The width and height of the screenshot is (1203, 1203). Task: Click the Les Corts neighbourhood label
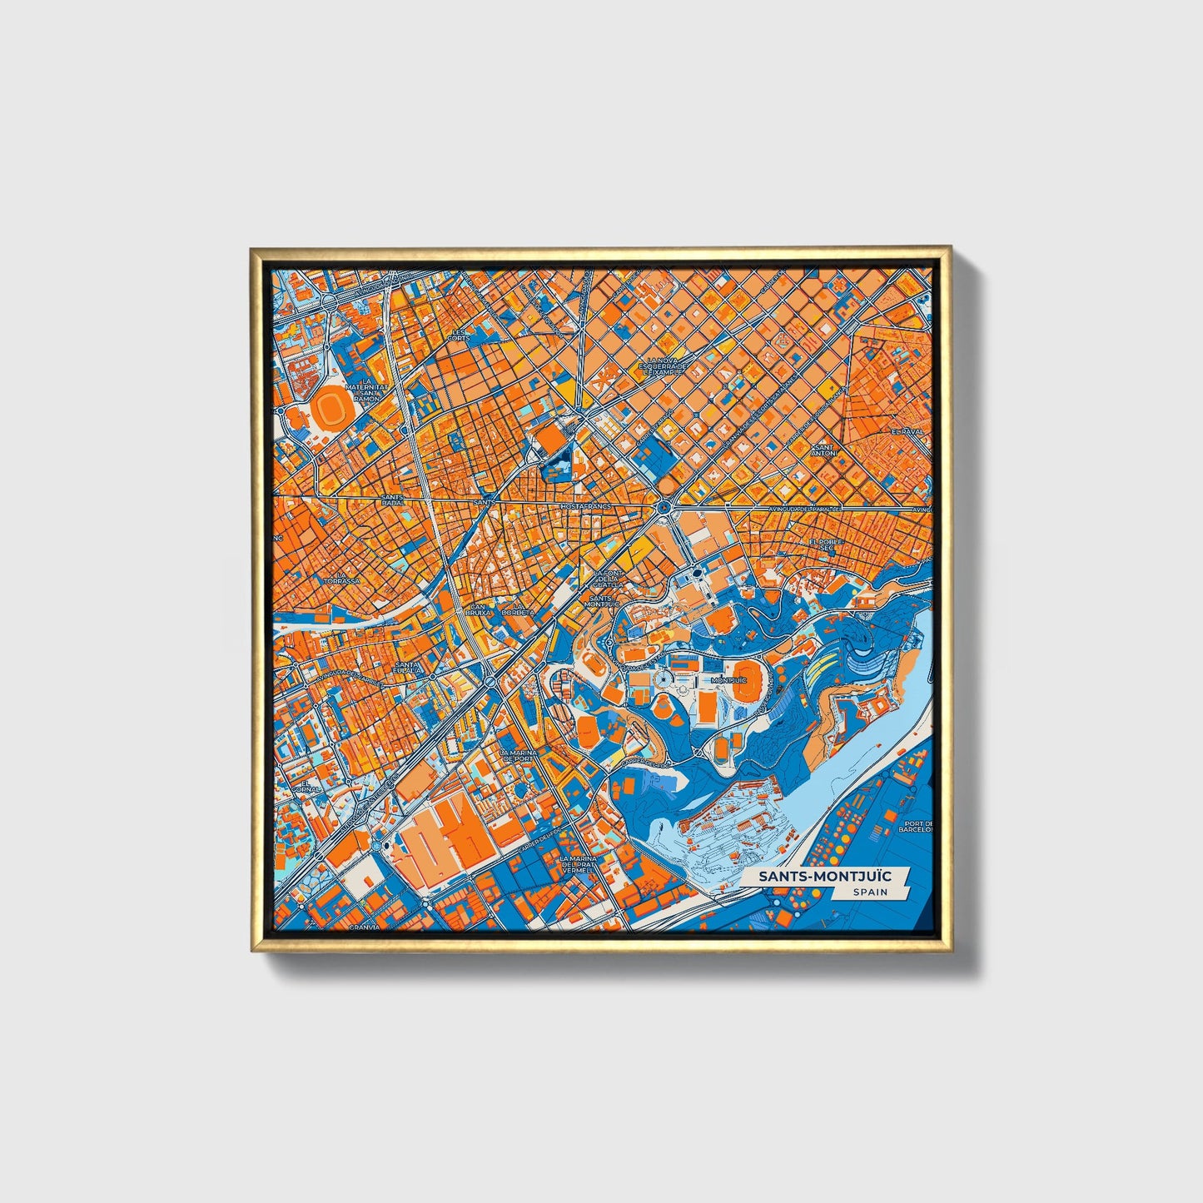pyautogui.click(x=459, y=335)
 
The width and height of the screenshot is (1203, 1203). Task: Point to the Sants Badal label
pyautogui.click(x=392, y=500)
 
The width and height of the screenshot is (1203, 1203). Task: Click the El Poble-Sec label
pyautogui.click(x=826, y=544)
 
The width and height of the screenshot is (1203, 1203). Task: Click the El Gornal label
pyautogui.click(x=310, y=786)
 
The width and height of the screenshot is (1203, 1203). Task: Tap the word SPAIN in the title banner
pyautogui.click(x=869, y=892)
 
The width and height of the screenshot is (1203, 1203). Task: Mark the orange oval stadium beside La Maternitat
pyautogui.click(x=333, y=407)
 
